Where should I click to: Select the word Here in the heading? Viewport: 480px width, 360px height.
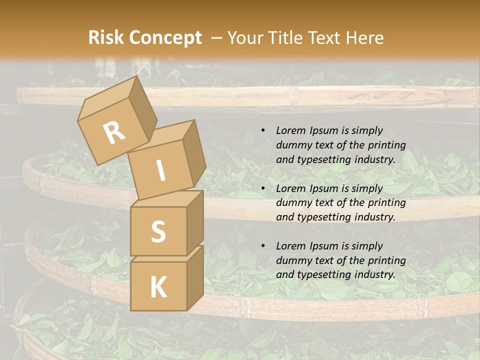click(x=364, y=37)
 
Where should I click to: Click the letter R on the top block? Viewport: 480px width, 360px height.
click(x=114, y=132)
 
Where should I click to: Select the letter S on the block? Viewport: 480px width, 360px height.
click(x=158, y=231)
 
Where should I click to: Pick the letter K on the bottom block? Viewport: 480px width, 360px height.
click(x=158, y=287)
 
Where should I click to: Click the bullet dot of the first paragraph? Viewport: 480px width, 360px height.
click(x=263, y=131)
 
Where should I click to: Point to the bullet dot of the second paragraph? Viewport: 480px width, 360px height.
click(x=263, y=189)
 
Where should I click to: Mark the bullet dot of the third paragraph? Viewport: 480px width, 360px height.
click(x=263, y=246)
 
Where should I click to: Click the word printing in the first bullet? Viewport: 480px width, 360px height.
click(x=386, y=145)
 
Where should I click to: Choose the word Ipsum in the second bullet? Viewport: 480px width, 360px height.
click(x=324, y=188)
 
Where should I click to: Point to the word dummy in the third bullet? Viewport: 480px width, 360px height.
click(x=293, y=260)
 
